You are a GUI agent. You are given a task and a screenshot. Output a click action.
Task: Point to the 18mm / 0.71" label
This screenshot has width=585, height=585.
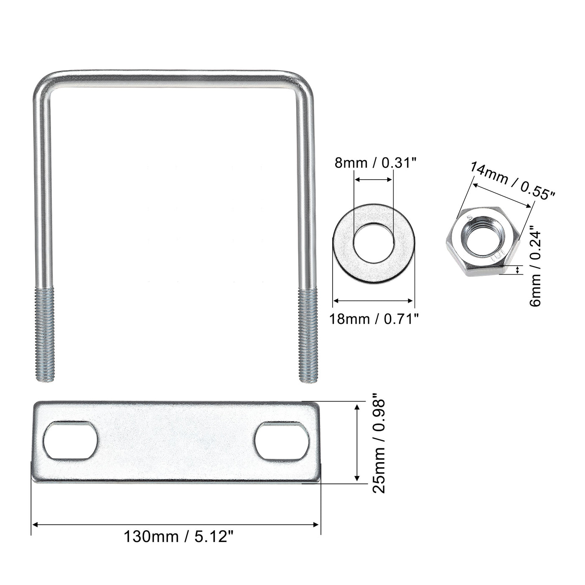[374, 319]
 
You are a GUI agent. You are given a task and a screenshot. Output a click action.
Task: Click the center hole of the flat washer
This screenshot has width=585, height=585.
[373, 243]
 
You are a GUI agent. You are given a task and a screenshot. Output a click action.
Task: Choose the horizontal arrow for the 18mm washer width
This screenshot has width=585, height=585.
[373, 300]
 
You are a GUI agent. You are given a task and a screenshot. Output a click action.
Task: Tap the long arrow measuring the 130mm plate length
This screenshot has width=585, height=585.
[176, 523]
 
